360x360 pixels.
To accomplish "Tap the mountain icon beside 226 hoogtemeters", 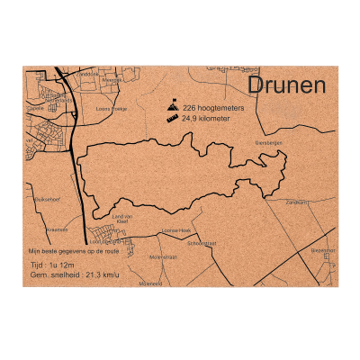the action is [172, 106].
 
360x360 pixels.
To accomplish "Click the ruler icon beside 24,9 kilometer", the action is [172, 118].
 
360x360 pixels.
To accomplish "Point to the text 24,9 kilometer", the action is [206, 118].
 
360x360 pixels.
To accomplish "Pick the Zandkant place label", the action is [296, 202].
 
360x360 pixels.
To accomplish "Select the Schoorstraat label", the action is [202, 243].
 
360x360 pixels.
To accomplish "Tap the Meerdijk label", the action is [112, 79].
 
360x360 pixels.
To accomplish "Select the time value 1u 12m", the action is [67, 267].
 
